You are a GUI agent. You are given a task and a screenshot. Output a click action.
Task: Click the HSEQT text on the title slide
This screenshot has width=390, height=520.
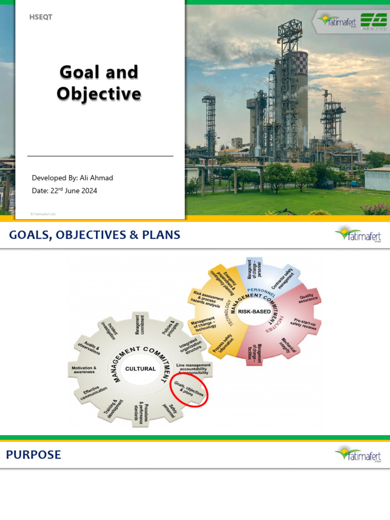(x=42, y=17)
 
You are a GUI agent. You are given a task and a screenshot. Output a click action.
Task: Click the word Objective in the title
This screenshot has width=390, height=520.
(x=99, y=93)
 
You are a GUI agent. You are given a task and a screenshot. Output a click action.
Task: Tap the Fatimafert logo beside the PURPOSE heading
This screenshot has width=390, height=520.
(x=357, y=453)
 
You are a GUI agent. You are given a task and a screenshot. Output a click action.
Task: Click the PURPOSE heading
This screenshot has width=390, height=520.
(x=34, y=455)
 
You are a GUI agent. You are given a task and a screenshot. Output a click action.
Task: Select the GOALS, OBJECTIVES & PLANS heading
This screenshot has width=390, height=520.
(x=95, y=235)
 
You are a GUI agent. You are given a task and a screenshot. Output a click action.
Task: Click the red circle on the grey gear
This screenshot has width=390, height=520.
(x=189, y=389)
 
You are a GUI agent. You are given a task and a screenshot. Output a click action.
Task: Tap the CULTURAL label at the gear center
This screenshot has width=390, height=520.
(x=140, y=369)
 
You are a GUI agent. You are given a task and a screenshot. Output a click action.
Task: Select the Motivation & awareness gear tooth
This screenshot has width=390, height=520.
(x=84, y=370)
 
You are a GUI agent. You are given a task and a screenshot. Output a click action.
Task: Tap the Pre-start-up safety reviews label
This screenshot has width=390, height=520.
(x=305, y=324)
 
